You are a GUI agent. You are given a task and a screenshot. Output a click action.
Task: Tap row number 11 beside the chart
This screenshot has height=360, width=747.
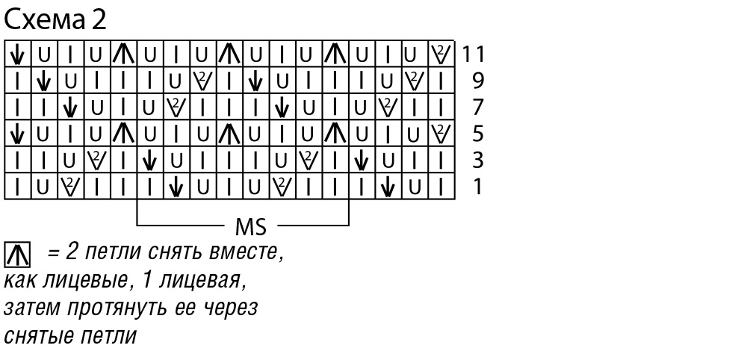point(474,54)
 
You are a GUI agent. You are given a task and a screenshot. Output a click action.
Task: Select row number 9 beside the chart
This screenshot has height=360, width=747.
point(479,80)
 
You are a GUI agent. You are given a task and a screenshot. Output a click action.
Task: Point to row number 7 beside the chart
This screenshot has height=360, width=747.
point(479,107)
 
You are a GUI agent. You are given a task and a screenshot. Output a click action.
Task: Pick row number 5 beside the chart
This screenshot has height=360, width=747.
point(479,134)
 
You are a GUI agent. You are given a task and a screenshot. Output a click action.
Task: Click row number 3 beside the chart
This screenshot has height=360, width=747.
point(479,160)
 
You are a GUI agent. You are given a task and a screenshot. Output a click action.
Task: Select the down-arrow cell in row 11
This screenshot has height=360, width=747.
point(17,54)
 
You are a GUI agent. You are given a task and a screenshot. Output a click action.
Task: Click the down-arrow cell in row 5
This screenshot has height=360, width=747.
point(17,134)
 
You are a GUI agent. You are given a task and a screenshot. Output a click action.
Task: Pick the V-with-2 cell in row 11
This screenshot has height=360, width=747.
point(441,54)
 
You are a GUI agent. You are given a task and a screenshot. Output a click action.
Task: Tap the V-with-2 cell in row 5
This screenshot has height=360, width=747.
point(441,134)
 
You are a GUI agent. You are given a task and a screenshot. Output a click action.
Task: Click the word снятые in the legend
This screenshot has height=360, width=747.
point(35,335)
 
